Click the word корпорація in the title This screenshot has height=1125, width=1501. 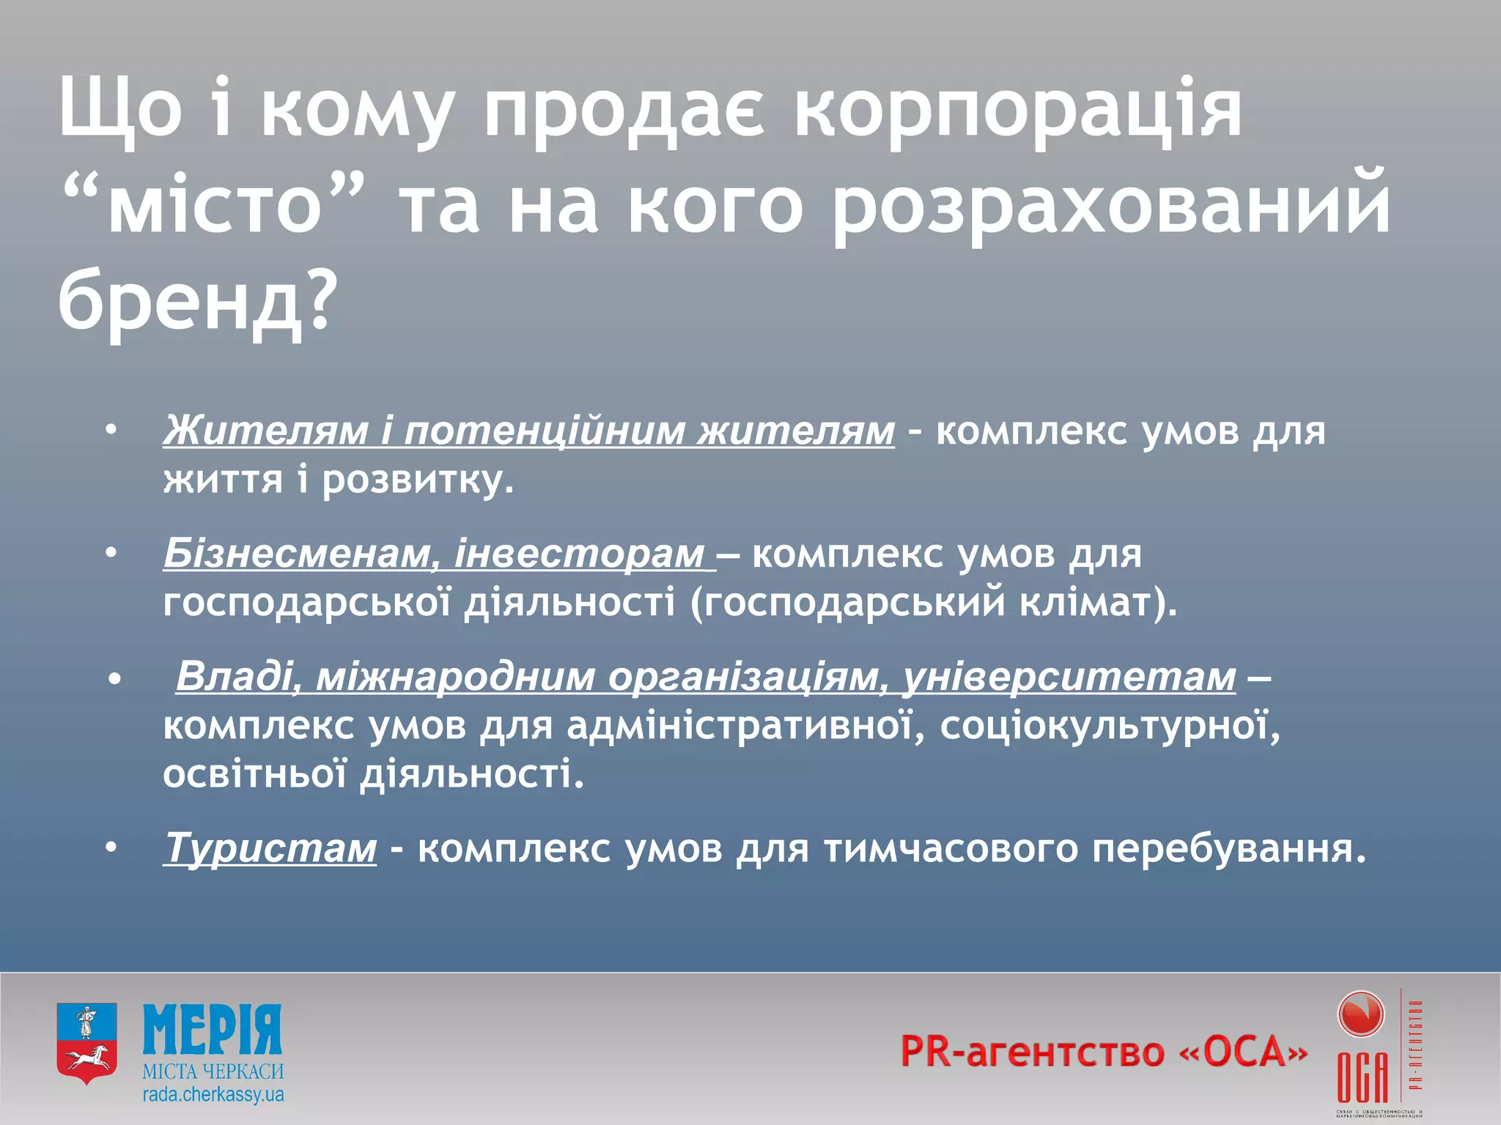point(1019,110)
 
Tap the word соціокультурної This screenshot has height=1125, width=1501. point(1110,726)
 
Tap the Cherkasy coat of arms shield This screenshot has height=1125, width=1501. point(86,1043)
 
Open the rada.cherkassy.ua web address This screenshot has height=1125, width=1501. point(213,1095)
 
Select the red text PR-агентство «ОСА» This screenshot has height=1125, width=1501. point(1103,1051)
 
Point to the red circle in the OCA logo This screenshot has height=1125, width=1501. point(1360,1015)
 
